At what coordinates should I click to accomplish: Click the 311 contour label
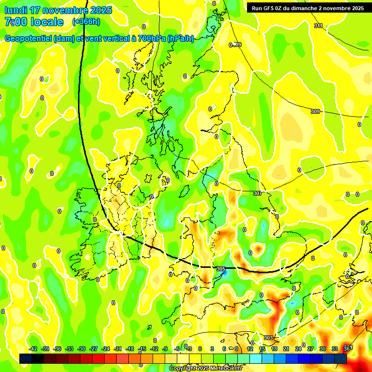click(318, 26)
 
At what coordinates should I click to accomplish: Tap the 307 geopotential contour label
click(257, 193)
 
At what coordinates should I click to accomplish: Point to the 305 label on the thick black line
click(221, 269)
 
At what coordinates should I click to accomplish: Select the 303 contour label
click(268, 338)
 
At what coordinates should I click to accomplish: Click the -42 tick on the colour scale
click(33, 349)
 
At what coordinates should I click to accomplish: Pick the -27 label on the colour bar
click(93, 349)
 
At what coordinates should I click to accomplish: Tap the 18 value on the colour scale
click(274, 349)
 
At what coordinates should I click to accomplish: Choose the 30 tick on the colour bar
click(323, 349)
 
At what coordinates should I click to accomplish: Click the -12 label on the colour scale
click(154, 349)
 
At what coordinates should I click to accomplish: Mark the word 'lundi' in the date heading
click(15, 10)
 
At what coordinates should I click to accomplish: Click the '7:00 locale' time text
click(34, 22)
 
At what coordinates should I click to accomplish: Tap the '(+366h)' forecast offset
click(86, 22)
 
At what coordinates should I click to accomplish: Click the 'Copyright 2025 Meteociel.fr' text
click(205, 368)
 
